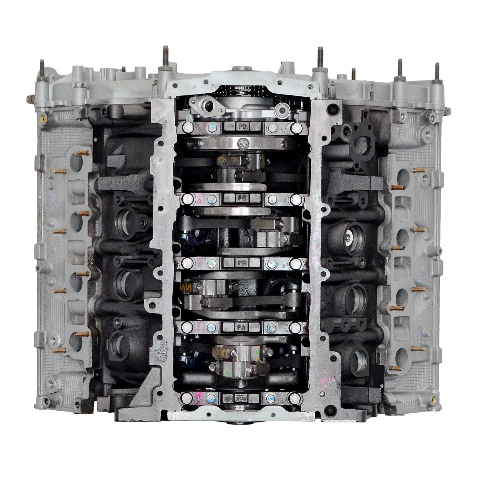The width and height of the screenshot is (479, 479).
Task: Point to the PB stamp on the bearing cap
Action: click(x=242, y=263)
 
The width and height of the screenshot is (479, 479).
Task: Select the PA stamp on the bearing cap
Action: click(x=241, y=327)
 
